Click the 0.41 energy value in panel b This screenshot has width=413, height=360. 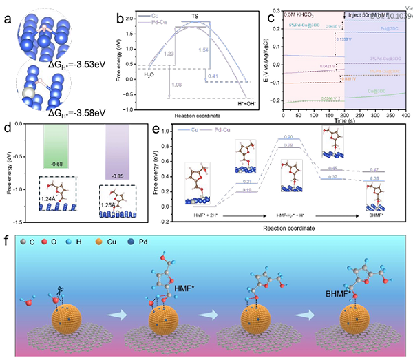tap(213, 76)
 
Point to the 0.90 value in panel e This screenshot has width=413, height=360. tap(288, 137)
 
